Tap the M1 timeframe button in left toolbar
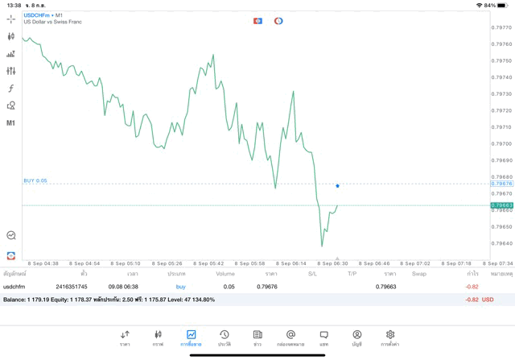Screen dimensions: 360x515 click(x=11, y=123)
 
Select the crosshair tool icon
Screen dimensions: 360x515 click(x=11, y=19)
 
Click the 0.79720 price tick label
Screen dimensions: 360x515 click(x=501, y=110)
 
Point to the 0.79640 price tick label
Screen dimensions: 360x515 click(x=501, y=243)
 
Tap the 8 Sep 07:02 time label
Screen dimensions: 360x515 click(x=417, y=263)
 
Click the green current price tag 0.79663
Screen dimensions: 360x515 click(x=501, y=205)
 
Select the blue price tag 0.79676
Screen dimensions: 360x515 click(x=501, y=184)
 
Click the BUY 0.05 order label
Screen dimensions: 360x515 click(x=35, y=180)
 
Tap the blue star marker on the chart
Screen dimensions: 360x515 click(x=338, y=186)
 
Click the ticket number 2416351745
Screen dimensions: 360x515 click(x=72, y=287)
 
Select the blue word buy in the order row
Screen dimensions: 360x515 click(x=180, y=287)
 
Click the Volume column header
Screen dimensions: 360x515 click(x=225, y=274)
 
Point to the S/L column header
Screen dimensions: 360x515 click(x=312, y=274)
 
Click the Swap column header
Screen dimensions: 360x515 click(x=419, y=274)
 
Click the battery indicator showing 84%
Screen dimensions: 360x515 click(x=500, y=5)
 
